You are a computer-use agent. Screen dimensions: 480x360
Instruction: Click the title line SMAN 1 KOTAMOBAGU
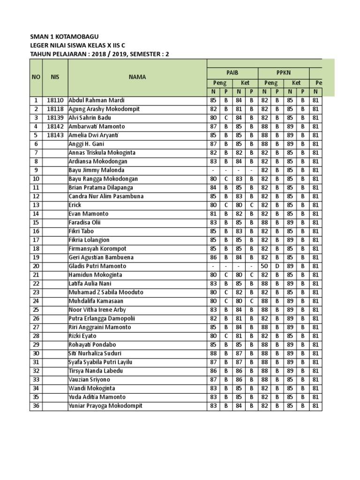point(64,37)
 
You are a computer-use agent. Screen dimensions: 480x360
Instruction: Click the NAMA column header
point(137,77)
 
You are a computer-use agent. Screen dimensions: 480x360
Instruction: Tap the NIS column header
point(55,77)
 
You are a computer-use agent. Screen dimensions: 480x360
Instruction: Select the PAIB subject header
point(232,73)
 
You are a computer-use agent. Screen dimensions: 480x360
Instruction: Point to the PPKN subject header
point(283,73)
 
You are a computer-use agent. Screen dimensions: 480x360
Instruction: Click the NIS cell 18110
point(55,100)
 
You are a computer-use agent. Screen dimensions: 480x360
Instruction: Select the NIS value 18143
point(55,135)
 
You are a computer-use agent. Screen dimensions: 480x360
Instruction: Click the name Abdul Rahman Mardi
point(97,100)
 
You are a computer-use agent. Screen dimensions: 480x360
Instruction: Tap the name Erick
point(75,205)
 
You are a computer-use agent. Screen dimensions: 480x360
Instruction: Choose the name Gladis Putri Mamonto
point(97,266)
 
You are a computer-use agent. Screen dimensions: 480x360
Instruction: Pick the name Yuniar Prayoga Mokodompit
point(105,405)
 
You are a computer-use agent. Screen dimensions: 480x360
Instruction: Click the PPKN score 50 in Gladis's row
point(264,266)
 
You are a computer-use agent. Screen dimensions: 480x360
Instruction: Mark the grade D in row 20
point(277,266)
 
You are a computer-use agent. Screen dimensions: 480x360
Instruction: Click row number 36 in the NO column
point(36,405)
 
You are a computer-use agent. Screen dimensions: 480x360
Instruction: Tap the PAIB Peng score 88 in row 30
point(213,353)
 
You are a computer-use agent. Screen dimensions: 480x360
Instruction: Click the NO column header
point(36,77)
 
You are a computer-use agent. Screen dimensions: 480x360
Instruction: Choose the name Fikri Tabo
point(81,231)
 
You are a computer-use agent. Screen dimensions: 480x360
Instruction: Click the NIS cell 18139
point(55,118)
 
